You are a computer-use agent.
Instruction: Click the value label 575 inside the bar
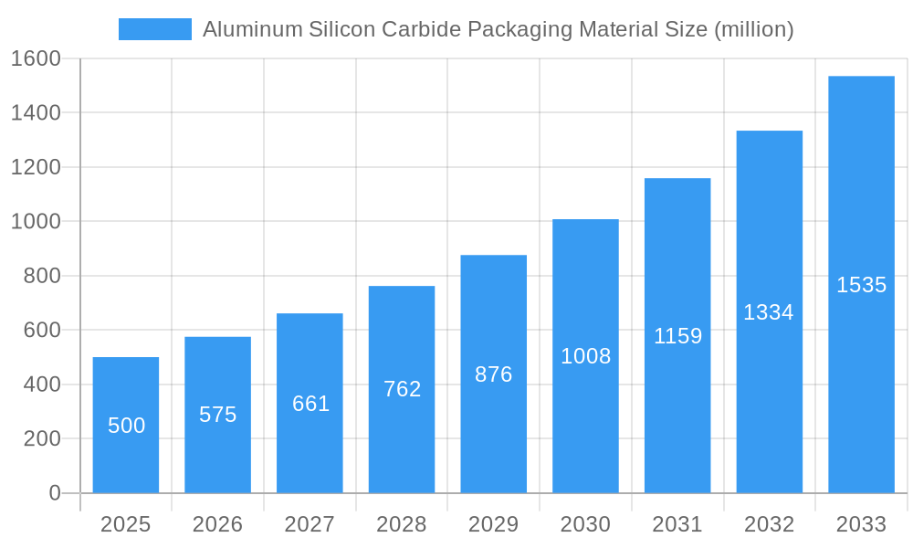pyautogui.click(x=218, y=415)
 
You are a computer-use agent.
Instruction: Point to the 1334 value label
pyautogui.click(x=769, y=312)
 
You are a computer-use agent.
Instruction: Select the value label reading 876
pyautogui.click(x=494, y=374)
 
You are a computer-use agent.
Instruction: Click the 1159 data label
pyautogui.click(x=677, y=336)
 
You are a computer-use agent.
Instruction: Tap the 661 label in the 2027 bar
pyautogui.click(x=310, y=404)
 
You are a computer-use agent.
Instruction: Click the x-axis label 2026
pyautogui.click(x=218, y=524)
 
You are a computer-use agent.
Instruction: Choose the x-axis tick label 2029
pyautogui.click(x=494, y=524)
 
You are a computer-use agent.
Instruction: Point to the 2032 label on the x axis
pyautogui.click(x=769, y=524)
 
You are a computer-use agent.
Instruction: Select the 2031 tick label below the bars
pyautogui.click(x=677, y=524)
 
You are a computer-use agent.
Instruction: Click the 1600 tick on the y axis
pyautogui.click(x=36, y=58)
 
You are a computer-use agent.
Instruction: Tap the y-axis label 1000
pyautogui.click(x=36, y=222)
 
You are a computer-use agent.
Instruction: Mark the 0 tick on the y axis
pyautogui.click(x=54, y=493)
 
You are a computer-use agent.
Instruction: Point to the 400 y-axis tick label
pyautogui.click(x=41, y=385)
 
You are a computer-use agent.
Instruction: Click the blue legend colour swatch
pyautogui.click(x=155, y=29)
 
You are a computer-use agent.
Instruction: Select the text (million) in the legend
pyautogui.click(x=753, y=29)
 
